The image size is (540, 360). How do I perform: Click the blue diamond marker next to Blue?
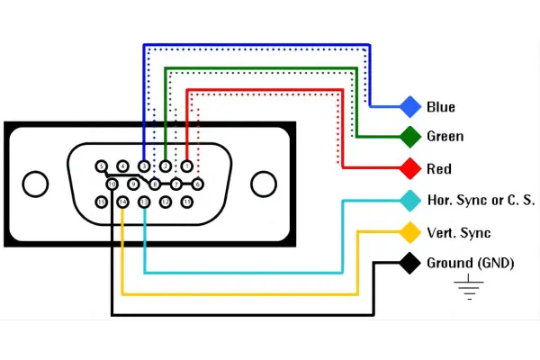tap(410, 107)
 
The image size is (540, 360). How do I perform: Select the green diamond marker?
tap(410, 137)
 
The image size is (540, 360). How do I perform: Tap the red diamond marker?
tap(410, 168)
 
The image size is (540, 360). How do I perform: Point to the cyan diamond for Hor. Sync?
tap(410, 200)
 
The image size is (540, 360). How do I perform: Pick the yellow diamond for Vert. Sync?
tap(410, 232)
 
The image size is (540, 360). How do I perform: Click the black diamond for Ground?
tap(410, 264)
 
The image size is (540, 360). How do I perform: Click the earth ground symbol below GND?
tap(469, 288)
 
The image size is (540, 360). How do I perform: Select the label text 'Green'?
tap(445, 137)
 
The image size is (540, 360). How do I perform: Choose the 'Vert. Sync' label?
tap(459, 233)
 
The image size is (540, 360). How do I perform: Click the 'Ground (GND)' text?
tap(469, 264)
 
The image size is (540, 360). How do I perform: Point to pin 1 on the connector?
tap(187, 166)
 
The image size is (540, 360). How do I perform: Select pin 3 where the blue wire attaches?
tap(144, 166)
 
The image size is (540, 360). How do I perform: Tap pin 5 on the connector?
tap(102, 166)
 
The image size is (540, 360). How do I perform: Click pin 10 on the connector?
tap(112, 184)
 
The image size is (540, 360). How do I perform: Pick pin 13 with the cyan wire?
tap(144, 202)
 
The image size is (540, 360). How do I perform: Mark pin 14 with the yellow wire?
tap(123, 202)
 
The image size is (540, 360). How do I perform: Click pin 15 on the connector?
tap(102, 202)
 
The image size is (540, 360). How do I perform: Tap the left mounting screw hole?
tap(35, 184)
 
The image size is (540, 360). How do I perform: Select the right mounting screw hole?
tap(263, 184)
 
